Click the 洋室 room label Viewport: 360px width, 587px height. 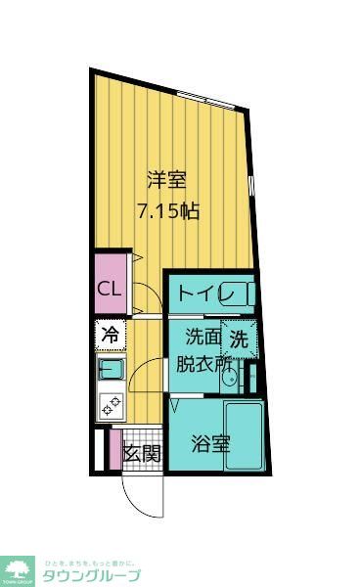(x=166, y=180)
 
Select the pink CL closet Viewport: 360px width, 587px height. (x=109, y=289)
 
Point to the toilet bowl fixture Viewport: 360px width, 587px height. (x=244, y=293)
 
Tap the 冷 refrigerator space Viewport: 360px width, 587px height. (x=110, y=335)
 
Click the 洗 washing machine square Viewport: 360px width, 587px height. (x=240, y=339)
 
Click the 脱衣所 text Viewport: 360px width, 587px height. (x=204, y=364)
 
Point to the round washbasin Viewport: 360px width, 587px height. (x=231, y=384)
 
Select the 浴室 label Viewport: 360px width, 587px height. (x=210, y=443)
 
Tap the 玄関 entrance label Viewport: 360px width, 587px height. (x=142, y=454)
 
